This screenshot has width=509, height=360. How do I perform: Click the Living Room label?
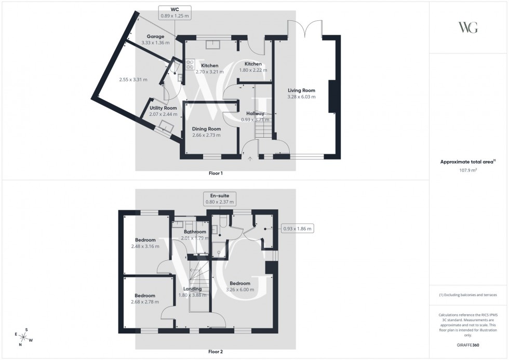coord(301,90)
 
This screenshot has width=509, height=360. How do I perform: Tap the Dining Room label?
coord(206,129)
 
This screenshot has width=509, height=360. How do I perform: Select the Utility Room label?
coord(163,108)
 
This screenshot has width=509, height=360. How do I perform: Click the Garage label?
coord(155,36)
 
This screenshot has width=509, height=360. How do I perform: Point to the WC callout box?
coord(174,12)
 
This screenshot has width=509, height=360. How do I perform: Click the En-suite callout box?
coord(219,198)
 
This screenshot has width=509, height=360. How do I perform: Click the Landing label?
coord(192,289)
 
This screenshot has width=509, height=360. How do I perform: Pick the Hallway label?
coord(256,113)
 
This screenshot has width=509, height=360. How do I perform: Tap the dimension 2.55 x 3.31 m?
coord(133,79)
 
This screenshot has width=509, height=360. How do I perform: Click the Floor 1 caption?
coord(215,174)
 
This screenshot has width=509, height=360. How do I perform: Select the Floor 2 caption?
coord(215,352)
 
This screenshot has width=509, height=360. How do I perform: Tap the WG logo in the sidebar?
coord(468,28)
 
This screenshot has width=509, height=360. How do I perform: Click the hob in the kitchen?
coord(190,63)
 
